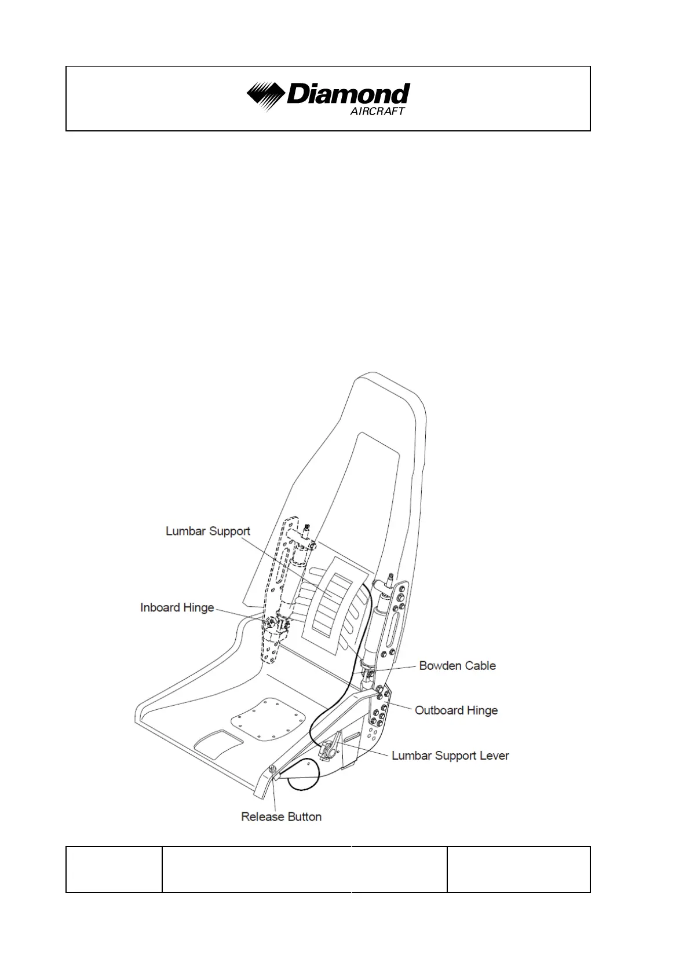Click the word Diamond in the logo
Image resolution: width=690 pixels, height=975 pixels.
(x=348, y=94)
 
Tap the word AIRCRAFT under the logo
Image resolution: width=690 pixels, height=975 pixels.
(x=377, y=111)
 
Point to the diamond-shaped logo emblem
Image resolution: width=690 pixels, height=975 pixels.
(x=265, y=96)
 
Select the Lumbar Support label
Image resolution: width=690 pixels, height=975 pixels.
(x=208, y=531)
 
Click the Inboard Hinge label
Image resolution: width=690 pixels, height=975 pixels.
(x=177, y=607)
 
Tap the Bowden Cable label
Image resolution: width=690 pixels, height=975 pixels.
(x=457, y=665)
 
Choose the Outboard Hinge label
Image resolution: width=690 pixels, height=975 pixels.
(x=456, y=710)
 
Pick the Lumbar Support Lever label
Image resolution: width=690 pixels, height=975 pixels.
(x=450, y=755)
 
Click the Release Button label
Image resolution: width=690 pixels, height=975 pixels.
(x=281, y=816)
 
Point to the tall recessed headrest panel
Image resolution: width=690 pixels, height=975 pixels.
(x=371, y=492)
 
